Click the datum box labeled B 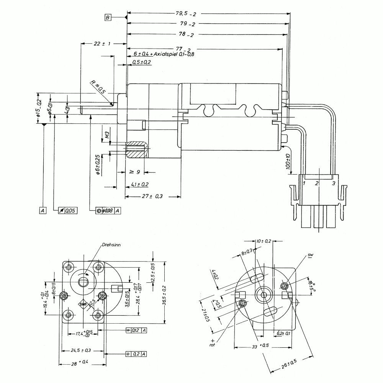pyautogui.click(x=108, y=17)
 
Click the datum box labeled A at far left pyautogui.click(x=43, y=210)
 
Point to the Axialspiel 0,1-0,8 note pyautogui.click(x=174, y=54)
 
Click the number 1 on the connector pyautogui.click(x=303, y=183)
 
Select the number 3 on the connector pyautogui.click(x=334, y=183)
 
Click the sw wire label pyautogui.click(x=310, y=255)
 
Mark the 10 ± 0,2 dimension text pyautogui.click(x=264, y=241)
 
